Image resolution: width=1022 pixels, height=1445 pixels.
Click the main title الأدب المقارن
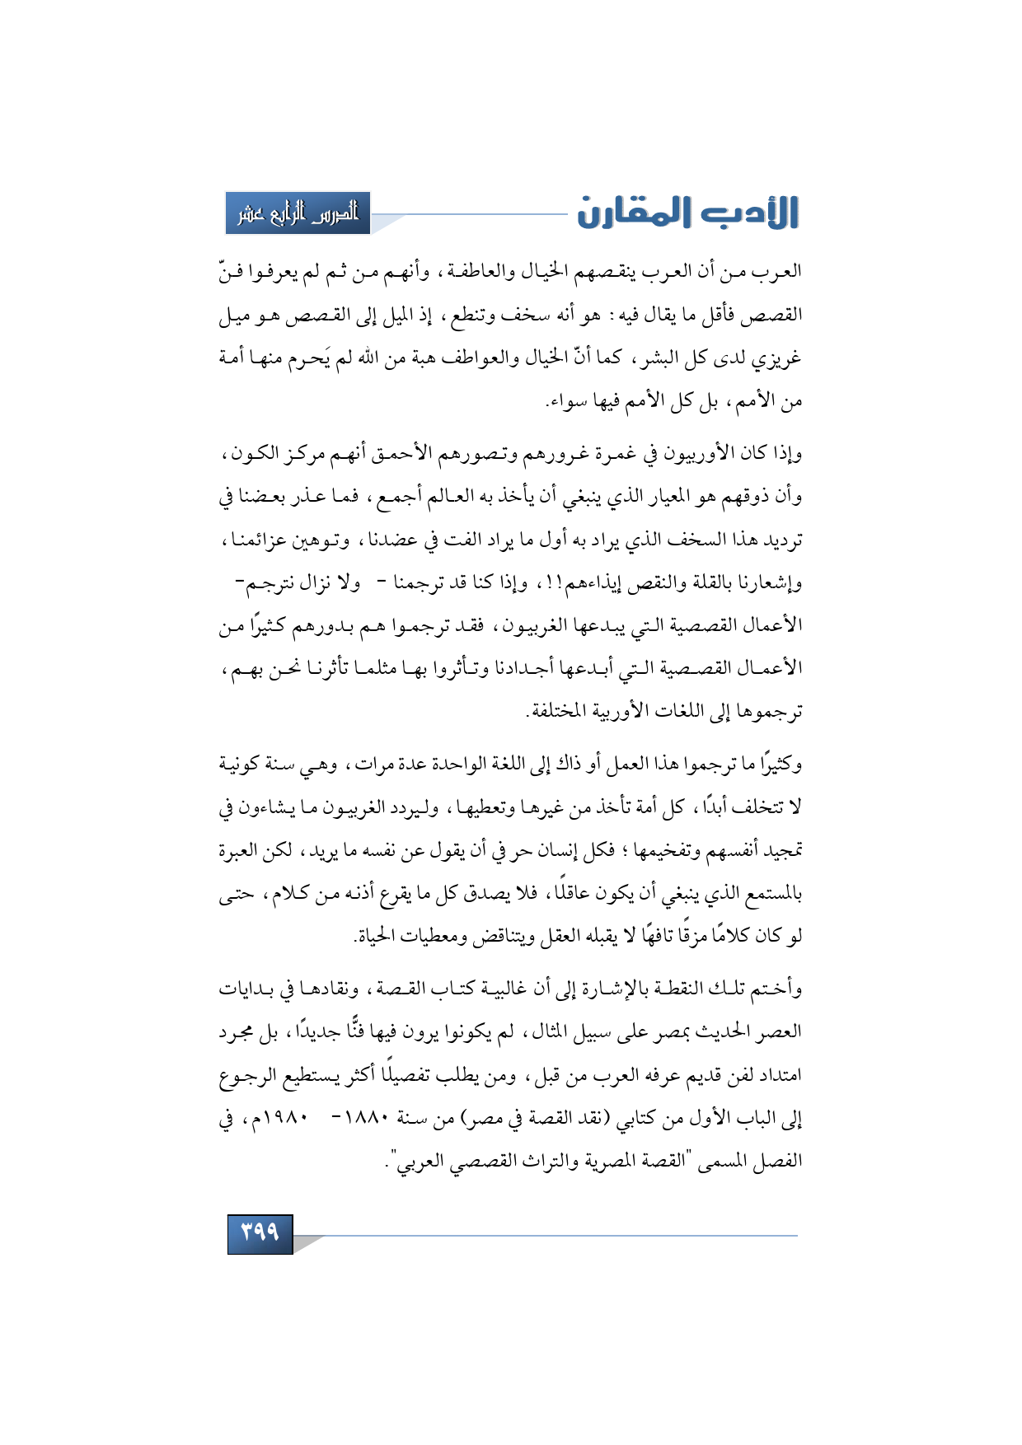pyautogui.click(x=687, y=213)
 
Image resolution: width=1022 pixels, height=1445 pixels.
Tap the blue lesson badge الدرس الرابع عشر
pyautogui.click(x=298, y=213)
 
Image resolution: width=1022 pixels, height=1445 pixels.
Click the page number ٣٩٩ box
pyautogui.click(x=260, y=1232)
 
